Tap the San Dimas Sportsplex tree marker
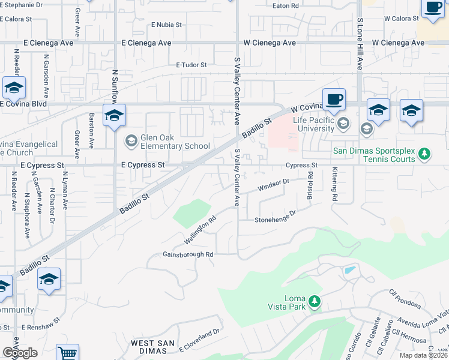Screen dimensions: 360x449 tap(424, 154)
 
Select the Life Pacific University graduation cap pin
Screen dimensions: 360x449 tap(343, 124)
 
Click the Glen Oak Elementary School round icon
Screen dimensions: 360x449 tap(130, 141)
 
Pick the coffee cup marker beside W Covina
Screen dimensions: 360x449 tap(334, 99)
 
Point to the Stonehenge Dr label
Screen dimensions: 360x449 tap(276, 217)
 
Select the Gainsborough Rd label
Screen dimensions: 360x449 tap(188, 254)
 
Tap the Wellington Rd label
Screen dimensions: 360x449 tap(199, 231)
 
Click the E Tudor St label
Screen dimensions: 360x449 tap(191, 65)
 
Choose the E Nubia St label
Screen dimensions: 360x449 tap(166, 25)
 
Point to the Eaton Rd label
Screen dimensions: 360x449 tap(286, 5)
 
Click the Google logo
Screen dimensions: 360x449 tap(20, 353)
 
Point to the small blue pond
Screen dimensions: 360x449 tap(349, 270)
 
